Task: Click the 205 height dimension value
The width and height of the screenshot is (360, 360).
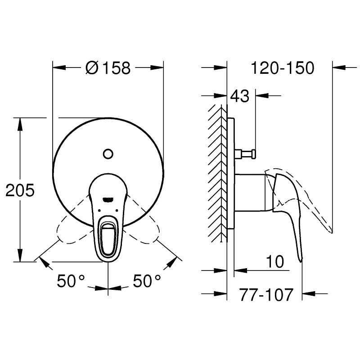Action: click(20, 190)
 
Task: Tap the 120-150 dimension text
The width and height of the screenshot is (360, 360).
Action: click(282, 68)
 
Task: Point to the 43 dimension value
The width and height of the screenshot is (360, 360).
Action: click(239, 96)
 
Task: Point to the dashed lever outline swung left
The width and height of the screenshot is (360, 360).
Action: click(72, 229)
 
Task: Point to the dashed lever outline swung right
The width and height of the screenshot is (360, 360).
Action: click(144, 229)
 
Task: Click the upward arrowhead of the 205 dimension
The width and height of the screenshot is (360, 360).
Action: click(20, 122)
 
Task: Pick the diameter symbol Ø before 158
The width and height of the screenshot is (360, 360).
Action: click(91, 68)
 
